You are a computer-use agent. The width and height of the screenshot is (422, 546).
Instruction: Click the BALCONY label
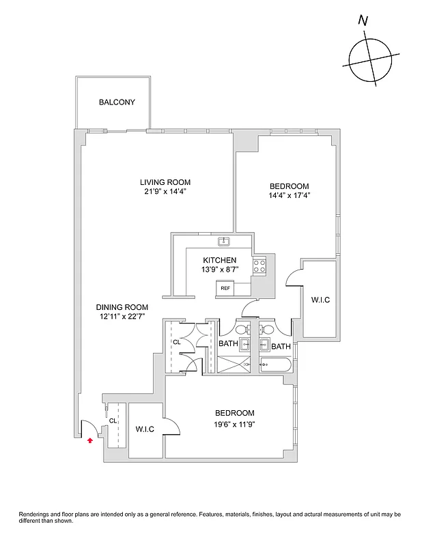point(117,103)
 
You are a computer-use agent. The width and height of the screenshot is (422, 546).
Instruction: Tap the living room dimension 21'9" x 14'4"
point(165,192)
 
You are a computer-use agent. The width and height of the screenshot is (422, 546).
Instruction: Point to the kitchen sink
point(223,242)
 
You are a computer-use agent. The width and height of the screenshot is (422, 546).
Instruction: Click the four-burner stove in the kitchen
point(259,266)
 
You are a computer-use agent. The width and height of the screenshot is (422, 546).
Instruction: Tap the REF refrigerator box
point(225,289)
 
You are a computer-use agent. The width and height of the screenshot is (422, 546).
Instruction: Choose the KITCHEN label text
point(220,261)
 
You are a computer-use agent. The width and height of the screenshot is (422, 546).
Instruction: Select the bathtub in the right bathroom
point(276,365)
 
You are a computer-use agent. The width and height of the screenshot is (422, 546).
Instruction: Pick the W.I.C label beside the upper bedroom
point(320,300)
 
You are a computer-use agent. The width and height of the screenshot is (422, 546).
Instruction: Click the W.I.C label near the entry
point(145,429)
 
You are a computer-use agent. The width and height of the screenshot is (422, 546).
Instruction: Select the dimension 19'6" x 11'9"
point(234,424)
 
